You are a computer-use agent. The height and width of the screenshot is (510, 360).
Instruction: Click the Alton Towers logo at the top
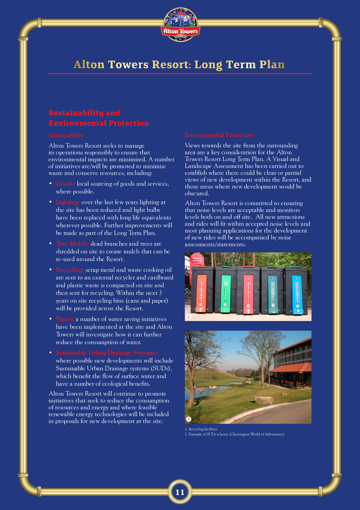tap(180, 24)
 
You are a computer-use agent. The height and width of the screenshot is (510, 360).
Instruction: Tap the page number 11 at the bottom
tap(180, 492)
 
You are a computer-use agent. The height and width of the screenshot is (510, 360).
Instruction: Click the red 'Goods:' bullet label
tap(65, 184)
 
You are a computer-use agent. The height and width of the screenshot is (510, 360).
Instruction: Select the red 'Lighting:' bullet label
tap(68, 202)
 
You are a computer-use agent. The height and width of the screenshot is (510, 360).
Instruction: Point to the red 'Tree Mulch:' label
tap(72, 244)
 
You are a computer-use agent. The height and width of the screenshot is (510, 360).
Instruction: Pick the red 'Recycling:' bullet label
tap(70, 270)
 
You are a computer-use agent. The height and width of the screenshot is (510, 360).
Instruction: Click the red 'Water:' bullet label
tap(65, 319)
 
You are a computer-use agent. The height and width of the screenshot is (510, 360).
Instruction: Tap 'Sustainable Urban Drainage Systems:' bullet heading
tap(106, 353)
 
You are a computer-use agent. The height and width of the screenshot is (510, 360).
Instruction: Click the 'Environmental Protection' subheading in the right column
tap(219, 135)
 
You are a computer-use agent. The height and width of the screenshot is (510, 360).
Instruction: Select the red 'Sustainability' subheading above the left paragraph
tap(66, 135)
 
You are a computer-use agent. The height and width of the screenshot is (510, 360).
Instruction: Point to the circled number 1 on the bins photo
tap(189, 317)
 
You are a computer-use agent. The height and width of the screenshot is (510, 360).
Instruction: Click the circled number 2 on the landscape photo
tap(189, 419)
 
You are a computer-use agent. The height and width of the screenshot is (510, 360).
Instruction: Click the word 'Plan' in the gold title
tap(272, 64)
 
